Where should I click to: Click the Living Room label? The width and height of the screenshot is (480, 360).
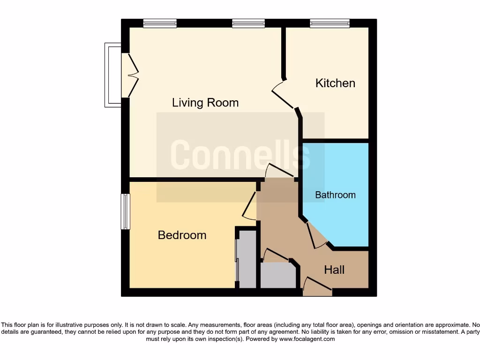pyautogui.click(x=205, y=102)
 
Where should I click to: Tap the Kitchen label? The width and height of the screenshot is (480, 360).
pyautogui.click(x=335, y=83)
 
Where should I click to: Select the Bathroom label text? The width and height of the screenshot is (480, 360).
pyautogui.click(x=335, y=195)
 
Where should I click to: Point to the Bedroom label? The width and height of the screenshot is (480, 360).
pyautogui.click(x=182, y=235)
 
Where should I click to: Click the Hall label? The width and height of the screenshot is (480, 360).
pyautogui.click(x=334, y=270)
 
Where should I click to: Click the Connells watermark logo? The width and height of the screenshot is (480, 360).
pyautogui.click(x=240, y=155)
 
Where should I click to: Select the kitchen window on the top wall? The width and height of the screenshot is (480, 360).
pyautogui.click(x=330, y=23)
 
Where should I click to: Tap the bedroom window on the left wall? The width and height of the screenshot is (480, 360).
pyautogui.click(x=125, y=211)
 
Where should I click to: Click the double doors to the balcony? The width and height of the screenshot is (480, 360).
pyautogui.click(x=131, y=75)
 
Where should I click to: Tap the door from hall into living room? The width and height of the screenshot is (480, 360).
pyautogui.click(x=280, y=171)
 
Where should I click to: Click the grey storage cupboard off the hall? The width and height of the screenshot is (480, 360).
pyautogui.click(x=278, y=275)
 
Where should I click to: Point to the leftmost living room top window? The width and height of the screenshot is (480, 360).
pyautogui.click(x=160, y=23)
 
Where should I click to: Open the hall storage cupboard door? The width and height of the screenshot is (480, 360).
pyautogui.click(x=276, y=255)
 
